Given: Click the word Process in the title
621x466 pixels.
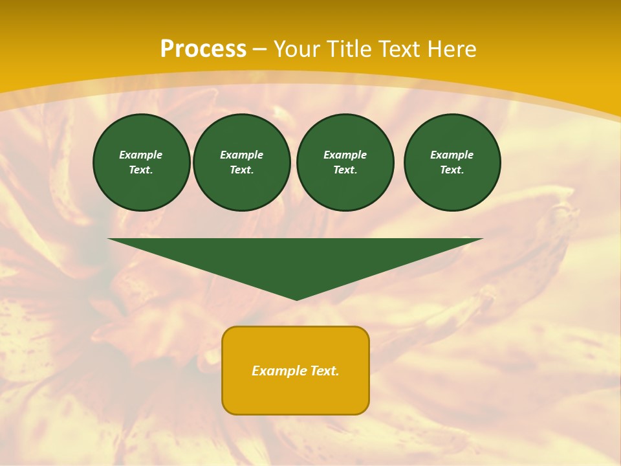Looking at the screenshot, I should coord(203,49).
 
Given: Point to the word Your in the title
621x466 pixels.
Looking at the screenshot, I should coord(299,49).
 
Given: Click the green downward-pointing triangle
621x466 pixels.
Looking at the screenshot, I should coord(296,259).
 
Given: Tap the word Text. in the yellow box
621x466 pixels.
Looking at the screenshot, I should coord(325,371).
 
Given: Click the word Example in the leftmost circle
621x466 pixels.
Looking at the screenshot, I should coord(141,155).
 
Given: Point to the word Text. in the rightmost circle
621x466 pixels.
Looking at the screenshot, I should coord(452,170).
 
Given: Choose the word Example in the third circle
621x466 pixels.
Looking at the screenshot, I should coord(345,155).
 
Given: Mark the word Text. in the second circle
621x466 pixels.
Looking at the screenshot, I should coord(241,170).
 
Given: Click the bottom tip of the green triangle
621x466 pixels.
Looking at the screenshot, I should coord(296,298).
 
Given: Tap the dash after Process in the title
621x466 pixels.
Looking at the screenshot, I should coord(259,49).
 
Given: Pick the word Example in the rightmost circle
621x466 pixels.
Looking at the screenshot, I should coord(452,155).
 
